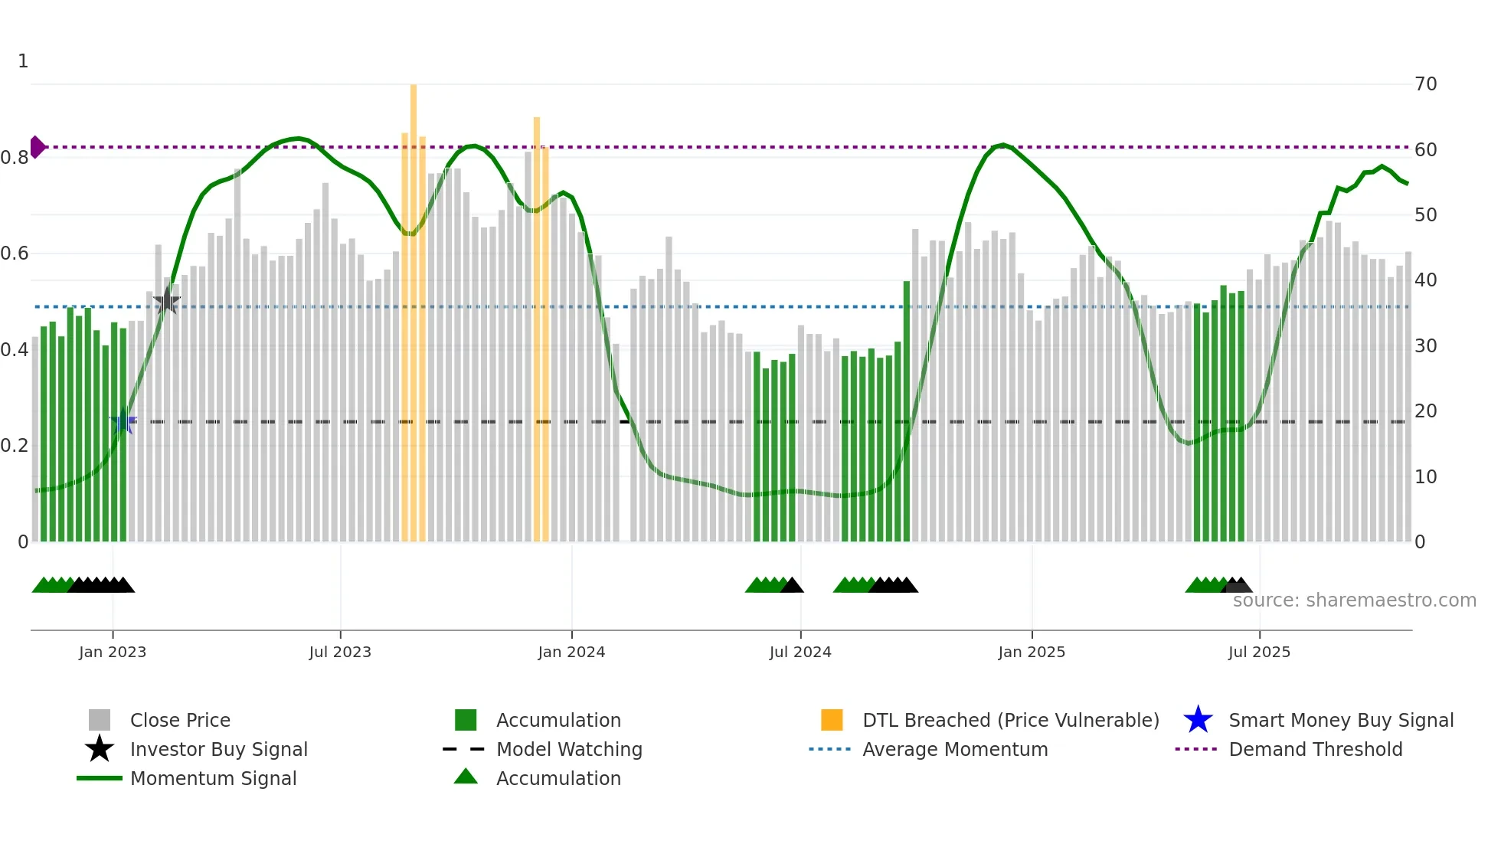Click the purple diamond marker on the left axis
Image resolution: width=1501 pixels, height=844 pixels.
click(37, 146)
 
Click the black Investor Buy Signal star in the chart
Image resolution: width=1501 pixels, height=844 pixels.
click(166, 301)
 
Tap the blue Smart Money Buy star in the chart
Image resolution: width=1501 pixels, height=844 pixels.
click(123, 421)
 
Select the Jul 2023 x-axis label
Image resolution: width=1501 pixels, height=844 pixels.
click(340, 652)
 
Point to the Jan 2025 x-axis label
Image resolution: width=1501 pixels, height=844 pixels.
click(1031, 652)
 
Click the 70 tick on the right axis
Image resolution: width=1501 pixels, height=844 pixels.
click(1425, 84)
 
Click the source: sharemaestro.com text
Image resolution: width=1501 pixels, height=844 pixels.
click(1354, 600)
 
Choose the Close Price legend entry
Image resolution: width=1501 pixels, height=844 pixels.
click(180, 720)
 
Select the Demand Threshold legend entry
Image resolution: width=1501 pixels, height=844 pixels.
click(1315, 749)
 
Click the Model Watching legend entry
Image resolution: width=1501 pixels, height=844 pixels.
click(568, 749)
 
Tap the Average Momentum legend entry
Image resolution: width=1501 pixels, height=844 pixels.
click(954, 749)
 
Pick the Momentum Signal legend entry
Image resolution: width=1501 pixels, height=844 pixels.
click(213, 778)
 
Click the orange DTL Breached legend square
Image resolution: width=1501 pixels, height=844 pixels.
click(832, 720)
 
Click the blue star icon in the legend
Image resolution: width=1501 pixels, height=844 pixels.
click(1198, 720)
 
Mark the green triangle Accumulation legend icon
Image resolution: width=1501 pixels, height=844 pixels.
click(466, 777)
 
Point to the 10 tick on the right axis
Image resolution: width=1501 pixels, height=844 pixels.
click(1425, 477)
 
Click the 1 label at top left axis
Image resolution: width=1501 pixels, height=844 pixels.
click(23, 61)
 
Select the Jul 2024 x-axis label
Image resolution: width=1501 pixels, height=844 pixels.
click(800, 652)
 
